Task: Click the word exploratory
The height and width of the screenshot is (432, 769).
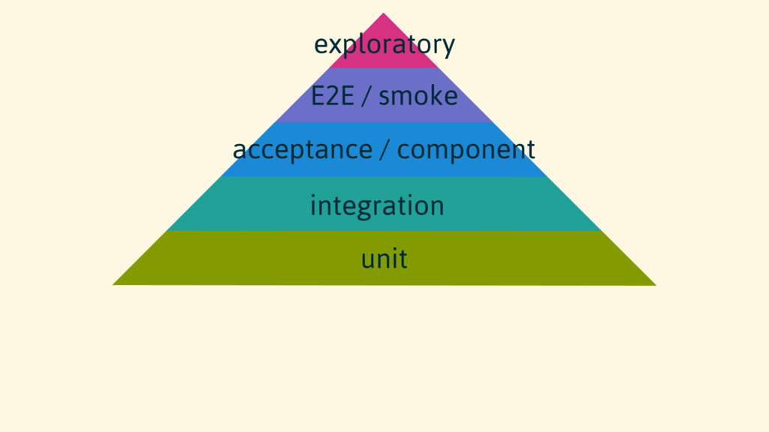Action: coord(384,45)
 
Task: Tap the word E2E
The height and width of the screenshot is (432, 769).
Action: coord(332,96)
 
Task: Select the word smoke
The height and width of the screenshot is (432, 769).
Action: coord(418,96)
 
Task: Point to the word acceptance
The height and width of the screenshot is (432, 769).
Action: coord(302,150)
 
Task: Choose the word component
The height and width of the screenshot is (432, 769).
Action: coord(466,150)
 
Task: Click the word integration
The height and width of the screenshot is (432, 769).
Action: coord(377,205)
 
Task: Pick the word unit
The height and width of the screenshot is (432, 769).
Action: coord(384,259)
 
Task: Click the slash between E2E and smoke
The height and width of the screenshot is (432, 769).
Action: coord(366,97)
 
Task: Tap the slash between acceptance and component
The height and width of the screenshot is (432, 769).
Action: coord(384,150)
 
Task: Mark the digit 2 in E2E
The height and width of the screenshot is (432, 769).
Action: coord(332,96)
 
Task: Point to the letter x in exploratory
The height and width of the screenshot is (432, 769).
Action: coord(333,46)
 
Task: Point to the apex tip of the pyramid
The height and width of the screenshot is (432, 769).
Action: coord(384,14)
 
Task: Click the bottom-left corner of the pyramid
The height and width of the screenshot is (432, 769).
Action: coord(114,284)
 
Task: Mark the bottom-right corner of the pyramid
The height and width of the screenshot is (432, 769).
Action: coord(654,284)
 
